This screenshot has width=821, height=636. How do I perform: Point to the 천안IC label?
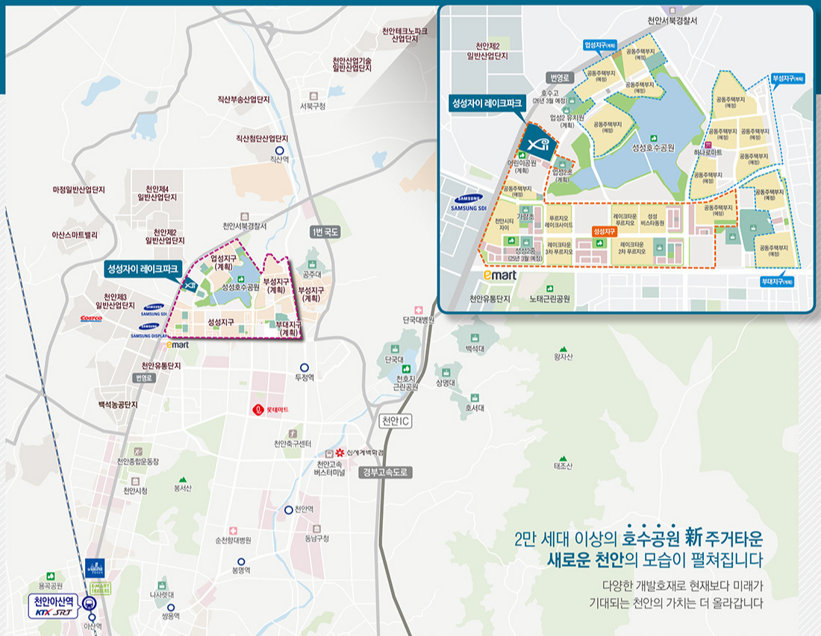point(396,421)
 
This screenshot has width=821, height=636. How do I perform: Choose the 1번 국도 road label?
point(325,232)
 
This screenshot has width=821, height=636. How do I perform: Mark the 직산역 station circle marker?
point(279,151)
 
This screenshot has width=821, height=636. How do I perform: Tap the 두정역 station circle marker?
point(304,368)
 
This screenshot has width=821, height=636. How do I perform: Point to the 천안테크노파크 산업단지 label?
point(405,34)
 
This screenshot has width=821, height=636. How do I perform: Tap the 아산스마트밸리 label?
point(75,234)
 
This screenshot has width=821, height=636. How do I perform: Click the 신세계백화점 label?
point(365,453)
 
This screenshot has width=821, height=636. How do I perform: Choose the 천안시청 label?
point(135,490)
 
